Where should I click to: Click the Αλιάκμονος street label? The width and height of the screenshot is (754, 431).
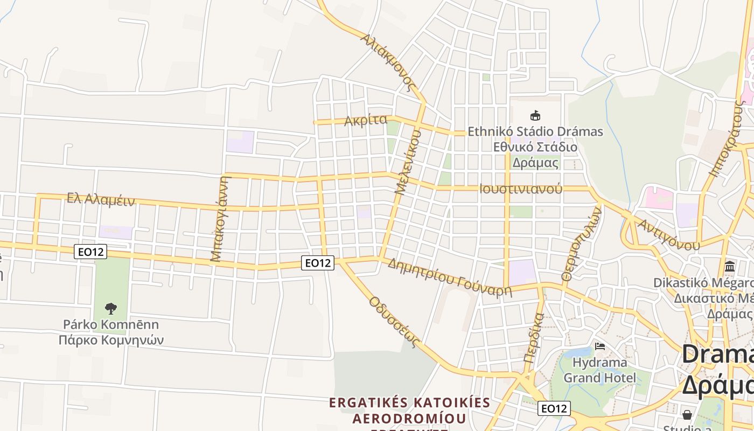pyautogui.click(x=389, y=62)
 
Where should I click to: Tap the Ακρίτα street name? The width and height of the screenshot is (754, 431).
pyautogui.click(x=366, y=120)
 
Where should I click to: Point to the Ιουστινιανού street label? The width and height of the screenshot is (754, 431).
pyautogui.click(x=520, y=189)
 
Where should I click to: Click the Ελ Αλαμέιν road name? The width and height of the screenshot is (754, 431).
pyautogui.click(x=101, y=199)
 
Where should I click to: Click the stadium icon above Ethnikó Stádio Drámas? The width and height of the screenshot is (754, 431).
pyautogui.click(x=535, y=115)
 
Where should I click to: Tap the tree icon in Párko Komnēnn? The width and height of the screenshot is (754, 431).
pyautogui.click(x=111, y=309)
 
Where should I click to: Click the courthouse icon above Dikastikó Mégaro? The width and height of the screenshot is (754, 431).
pyautogui.click(x=730, y=266)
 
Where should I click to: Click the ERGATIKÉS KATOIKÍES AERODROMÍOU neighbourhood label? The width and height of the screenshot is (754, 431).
pyautogui.click(x=409, y=411)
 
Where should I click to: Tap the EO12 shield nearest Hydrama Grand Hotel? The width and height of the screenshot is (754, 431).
pyautogui.click(x=554, y=408)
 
